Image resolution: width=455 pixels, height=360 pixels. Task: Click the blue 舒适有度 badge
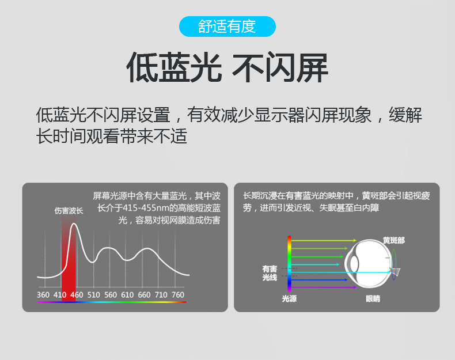(227, 26)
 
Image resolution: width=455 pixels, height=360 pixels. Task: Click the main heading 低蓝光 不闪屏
(227, 67)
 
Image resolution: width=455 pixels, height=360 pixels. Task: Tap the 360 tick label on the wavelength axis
(43, 295)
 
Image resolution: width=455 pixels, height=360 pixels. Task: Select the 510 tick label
(93, 295)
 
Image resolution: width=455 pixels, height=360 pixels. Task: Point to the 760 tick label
(178, 295)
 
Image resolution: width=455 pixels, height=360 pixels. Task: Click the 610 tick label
(127, 295)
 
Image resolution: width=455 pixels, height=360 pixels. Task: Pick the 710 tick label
(161, 295)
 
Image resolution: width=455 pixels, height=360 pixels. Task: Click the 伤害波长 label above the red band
(69, 211)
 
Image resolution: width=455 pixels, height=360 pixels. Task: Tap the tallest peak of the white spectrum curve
(74, 223)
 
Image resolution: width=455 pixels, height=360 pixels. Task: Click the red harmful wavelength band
(69, 260)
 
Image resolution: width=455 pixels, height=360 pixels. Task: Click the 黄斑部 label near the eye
(393, 241)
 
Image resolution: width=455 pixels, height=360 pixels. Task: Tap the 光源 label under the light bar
(289, 299)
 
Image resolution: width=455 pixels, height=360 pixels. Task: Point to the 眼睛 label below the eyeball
(373, 299)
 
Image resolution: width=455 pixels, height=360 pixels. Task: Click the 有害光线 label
(270, 273)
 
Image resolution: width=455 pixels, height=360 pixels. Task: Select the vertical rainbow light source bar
(289, 264)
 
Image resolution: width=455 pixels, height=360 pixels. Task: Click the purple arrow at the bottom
(324, 287)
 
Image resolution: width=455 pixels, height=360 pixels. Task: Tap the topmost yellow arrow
(324, 241)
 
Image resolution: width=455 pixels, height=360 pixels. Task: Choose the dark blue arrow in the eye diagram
(319, 280)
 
